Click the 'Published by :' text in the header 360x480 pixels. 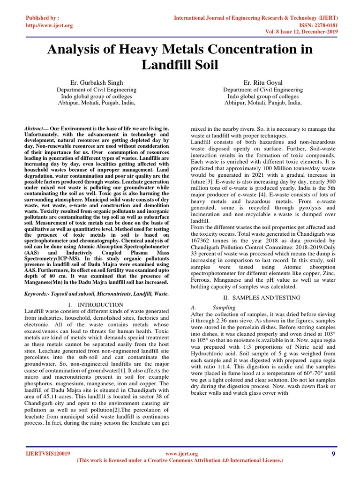(x=42, y=18)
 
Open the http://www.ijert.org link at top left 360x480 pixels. (x=49, y=25)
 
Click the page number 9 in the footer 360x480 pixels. (x=333, y=454)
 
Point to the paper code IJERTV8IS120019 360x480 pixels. (x=48, y=454)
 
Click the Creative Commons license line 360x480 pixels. (x=180, y=461)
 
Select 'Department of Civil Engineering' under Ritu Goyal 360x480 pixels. (x=263, y=90)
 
